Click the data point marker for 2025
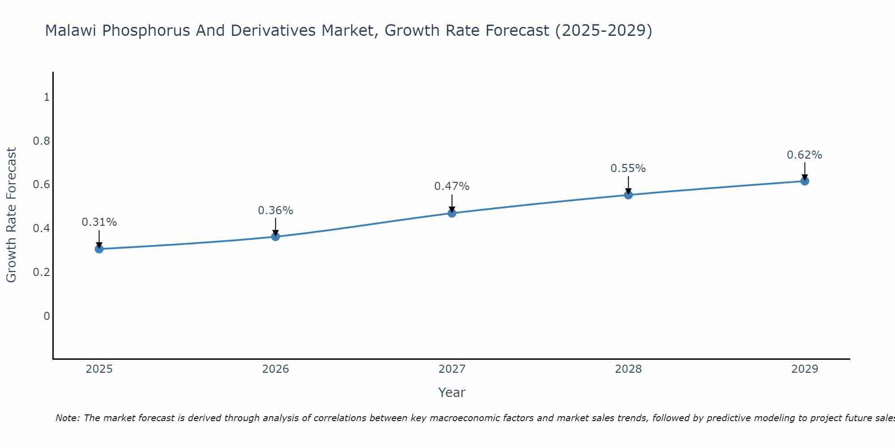tap(99, 249)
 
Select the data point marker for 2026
tap(276, 236)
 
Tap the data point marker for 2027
tap(452, 213)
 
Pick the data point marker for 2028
tap(628, 194)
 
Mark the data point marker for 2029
tap(805, 181)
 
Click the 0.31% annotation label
tap(99, 222)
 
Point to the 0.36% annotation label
tap(276, 211)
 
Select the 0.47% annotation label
tap(452, 186)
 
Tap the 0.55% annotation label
tap(628, 169)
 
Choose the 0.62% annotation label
tap(805, 155)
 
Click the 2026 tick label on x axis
tap(276, 369)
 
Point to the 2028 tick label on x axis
tap(628, 369)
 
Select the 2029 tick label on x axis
tap(805, 369)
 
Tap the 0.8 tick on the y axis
tap(41, 141)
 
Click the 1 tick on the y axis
tap(47, 97)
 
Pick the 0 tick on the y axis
tap(47, 316)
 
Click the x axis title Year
tap(452, 392)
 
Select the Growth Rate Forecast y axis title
tap(12, 215)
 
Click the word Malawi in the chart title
tap(71, 31)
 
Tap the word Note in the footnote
tap(67, 418)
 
